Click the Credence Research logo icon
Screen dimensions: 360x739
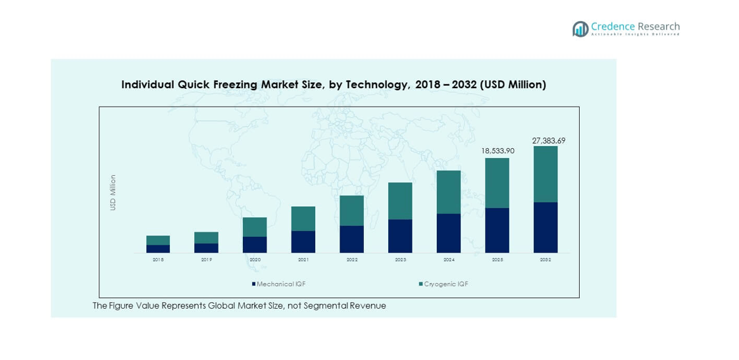pos(580,28)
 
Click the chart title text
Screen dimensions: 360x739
pos(334,85)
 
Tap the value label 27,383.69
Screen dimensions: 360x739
pos(548,141)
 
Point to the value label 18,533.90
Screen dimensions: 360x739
pos(497,151)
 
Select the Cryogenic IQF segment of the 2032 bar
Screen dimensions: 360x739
pos(546,174)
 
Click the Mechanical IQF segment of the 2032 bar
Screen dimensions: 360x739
pos(546,227)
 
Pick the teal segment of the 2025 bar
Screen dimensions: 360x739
pos(497,183)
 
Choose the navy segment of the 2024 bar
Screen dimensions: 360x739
pos(448,233)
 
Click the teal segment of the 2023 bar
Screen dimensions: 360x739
pos(400,201)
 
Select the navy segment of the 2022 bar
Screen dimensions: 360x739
pos(351,239)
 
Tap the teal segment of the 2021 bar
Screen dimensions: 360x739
pos(303,219)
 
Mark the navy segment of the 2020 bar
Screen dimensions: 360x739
pos(255,244)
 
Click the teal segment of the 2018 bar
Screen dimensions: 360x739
pos(158,240)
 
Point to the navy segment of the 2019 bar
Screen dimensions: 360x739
pos(206,248)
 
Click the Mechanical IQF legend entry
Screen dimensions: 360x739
pos(278,284)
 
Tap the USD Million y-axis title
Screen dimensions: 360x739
pos(113,192)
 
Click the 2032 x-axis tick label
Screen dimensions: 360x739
pos(546,260)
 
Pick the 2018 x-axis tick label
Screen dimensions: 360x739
pos(158,260)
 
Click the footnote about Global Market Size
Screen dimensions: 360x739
pos(239,306)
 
